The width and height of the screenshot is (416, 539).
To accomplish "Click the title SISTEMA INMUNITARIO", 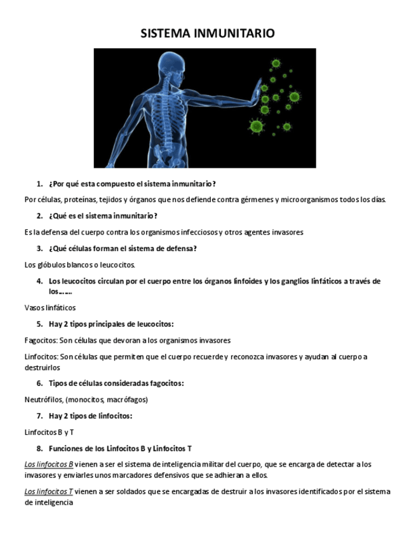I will (208, 34).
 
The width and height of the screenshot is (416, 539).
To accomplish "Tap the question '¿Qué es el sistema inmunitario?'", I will (103, 216).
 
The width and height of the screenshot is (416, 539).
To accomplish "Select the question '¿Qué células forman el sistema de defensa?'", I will (123, 249).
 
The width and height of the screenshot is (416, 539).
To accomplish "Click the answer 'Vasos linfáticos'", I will (50, 308).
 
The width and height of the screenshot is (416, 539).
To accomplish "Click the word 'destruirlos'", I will (42, 367).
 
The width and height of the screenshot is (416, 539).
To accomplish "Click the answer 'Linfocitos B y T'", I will (49, 432).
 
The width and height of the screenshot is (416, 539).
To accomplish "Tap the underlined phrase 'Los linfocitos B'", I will (49, 465).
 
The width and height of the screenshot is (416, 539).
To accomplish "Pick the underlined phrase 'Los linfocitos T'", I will (49, 491).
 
